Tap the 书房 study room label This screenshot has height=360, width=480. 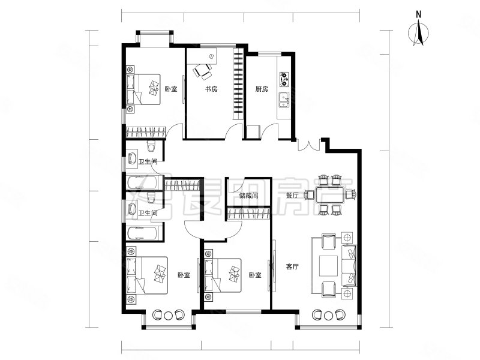211,89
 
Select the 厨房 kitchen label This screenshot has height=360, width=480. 262,89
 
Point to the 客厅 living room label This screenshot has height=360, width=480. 292,266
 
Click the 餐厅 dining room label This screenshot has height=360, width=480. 292,196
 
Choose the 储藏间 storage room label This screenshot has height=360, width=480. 248,196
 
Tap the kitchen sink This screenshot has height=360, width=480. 283,100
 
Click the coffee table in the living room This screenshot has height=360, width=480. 329,266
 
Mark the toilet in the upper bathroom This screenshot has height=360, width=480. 151,146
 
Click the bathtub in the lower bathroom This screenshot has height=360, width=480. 142,234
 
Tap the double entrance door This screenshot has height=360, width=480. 308,145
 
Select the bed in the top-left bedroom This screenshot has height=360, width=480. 143,89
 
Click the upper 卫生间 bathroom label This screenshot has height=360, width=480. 148,161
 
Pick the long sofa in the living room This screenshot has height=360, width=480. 349,265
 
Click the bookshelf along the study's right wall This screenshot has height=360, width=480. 238,83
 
